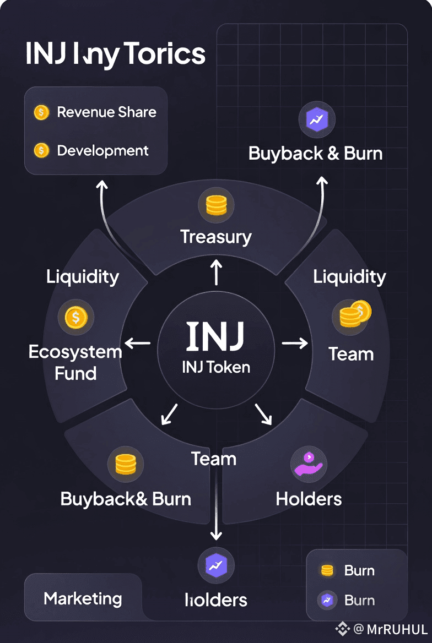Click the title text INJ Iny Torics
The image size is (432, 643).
[x=115, y=55]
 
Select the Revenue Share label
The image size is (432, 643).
[x=106, y=112]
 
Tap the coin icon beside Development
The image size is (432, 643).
[x=41, y=150]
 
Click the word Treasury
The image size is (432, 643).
[x=216, y=237]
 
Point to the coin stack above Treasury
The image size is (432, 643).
[x=216, y=205]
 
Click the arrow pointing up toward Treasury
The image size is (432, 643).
[x=216, y=273]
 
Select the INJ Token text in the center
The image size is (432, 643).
[x=216, y=367]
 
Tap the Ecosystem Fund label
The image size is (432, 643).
[x=75, y=363]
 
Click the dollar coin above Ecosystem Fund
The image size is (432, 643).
[x=76, y=317]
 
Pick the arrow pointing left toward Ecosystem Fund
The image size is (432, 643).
[x=138, y=343]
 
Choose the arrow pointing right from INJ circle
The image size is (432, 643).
[x=295, y=343]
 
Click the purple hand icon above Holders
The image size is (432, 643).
[x=309, y=464]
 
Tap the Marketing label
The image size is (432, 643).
[x=83, y=598]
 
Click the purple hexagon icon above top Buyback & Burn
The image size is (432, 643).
[x=316, y=119]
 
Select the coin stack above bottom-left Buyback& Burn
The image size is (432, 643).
[x=125, y=464]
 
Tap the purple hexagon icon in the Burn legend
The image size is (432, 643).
[x=327, y=601]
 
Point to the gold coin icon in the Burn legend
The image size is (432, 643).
[x=327, y=571]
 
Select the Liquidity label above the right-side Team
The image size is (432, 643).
[x=349, y=276]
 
